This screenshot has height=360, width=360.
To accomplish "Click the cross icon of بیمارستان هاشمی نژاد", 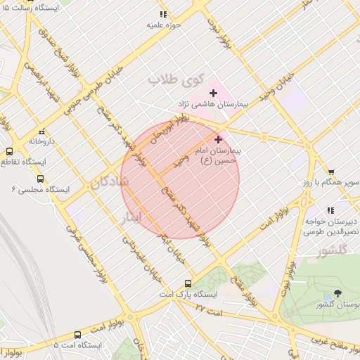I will [x=214, y=93].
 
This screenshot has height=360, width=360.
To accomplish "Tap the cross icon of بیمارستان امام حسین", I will [x=218, y=139].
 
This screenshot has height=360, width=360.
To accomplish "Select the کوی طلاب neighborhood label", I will [x=174, y=79].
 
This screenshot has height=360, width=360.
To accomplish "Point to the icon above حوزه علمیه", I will [x=163, y=14].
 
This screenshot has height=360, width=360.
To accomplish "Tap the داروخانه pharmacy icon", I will [x=42, y=131].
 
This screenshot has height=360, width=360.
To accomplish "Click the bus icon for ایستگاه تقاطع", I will [x=9, y=150].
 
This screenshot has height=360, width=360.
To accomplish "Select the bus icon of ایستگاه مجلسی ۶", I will [x=41, y=179].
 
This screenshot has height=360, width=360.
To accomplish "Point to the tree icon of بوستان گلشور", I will [x=338, y=292].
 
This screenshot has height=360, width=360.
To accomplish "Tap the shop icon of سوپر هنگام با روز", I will [x=331, y=171].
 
